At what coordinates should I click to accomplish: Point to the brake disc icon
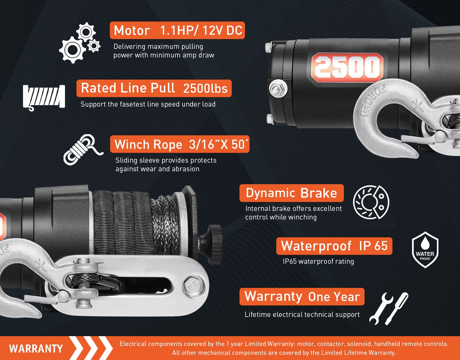[371, 202]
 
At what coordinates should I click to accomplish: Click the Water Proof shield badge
[425, 250]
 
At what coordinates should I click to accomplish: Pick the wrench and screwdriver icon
[389, 309]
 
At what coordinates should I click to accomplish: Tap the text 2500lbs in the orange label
[205, 88]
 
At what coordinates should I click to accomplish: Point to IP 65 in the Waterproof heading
[373, 246]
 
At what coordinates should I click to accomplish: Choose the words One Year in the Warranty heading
[334, 297]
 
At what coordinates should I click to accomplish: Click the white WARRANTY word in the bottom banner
[36, 349]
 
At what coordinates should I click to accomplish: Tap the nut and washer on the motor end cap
[278, 88]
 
